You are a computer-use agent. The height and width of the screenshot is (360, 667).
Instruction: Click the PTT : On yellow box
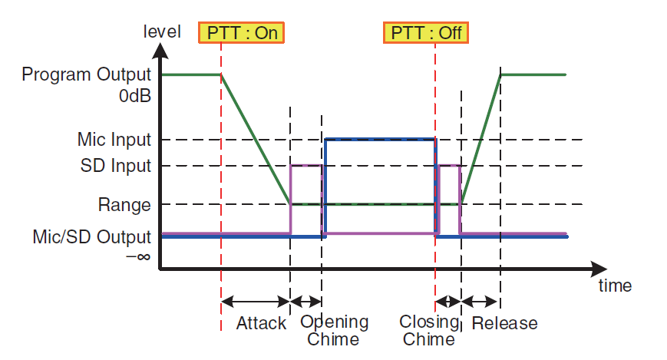coord(242,32)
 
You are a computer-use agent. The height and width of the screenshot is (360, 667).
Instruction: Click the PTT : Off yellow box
coord(426,32)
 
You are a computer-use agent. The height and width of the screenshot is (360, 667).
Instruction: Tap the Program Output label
coord(86,74)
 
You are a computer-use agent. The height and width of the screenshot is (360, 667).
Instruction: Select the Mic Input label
coord(114,140)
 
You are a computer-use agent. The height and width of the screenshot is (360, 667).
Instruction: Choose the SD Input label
coord(116,166)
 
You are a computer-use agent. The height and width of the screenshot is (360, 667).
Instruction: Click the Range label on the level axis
coord(124,205)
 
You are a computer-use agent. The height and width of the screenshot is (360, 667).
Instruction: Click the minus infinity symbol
coord(137,256)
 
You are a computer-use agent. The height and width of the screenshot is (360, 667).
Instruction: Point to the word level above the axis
coord(162,31)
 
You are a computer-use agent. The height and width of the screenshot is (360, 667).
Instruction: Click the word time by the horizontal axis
coord(614,286)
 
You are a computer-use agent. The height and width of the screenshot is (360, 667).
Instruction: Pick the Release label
coord(504,323)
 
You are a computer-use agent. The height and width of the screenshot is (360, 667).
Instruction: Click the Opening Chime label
coord(334,330)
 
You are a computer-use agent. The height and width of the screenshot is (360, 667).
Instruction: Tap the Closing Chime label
coord(429,330)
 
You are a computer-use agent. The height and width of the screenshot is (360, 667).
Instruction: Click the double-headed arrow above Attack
coord(256,302)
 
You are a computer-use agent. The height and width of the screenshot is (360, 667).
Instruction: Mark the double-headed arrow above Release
coord(480,302)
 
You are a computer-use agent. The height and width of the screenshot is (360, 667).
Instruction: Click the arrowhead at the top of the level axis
coord(160,50)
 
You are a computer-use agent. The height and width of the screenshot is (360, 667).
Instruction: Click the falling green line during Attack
coord(256,139)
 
